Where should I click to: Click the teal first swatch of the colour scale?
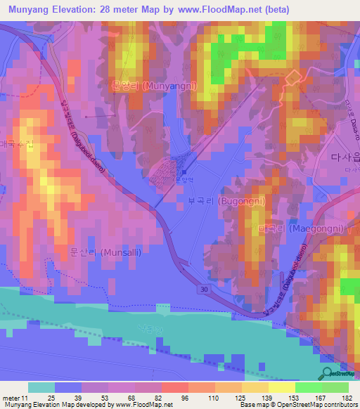(41, 387)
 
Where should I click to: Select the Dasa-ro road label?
(347, 112)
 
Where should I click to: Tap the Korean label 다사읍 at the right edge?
(344, 159)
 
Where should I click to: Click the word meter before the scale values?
(12, 398)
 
